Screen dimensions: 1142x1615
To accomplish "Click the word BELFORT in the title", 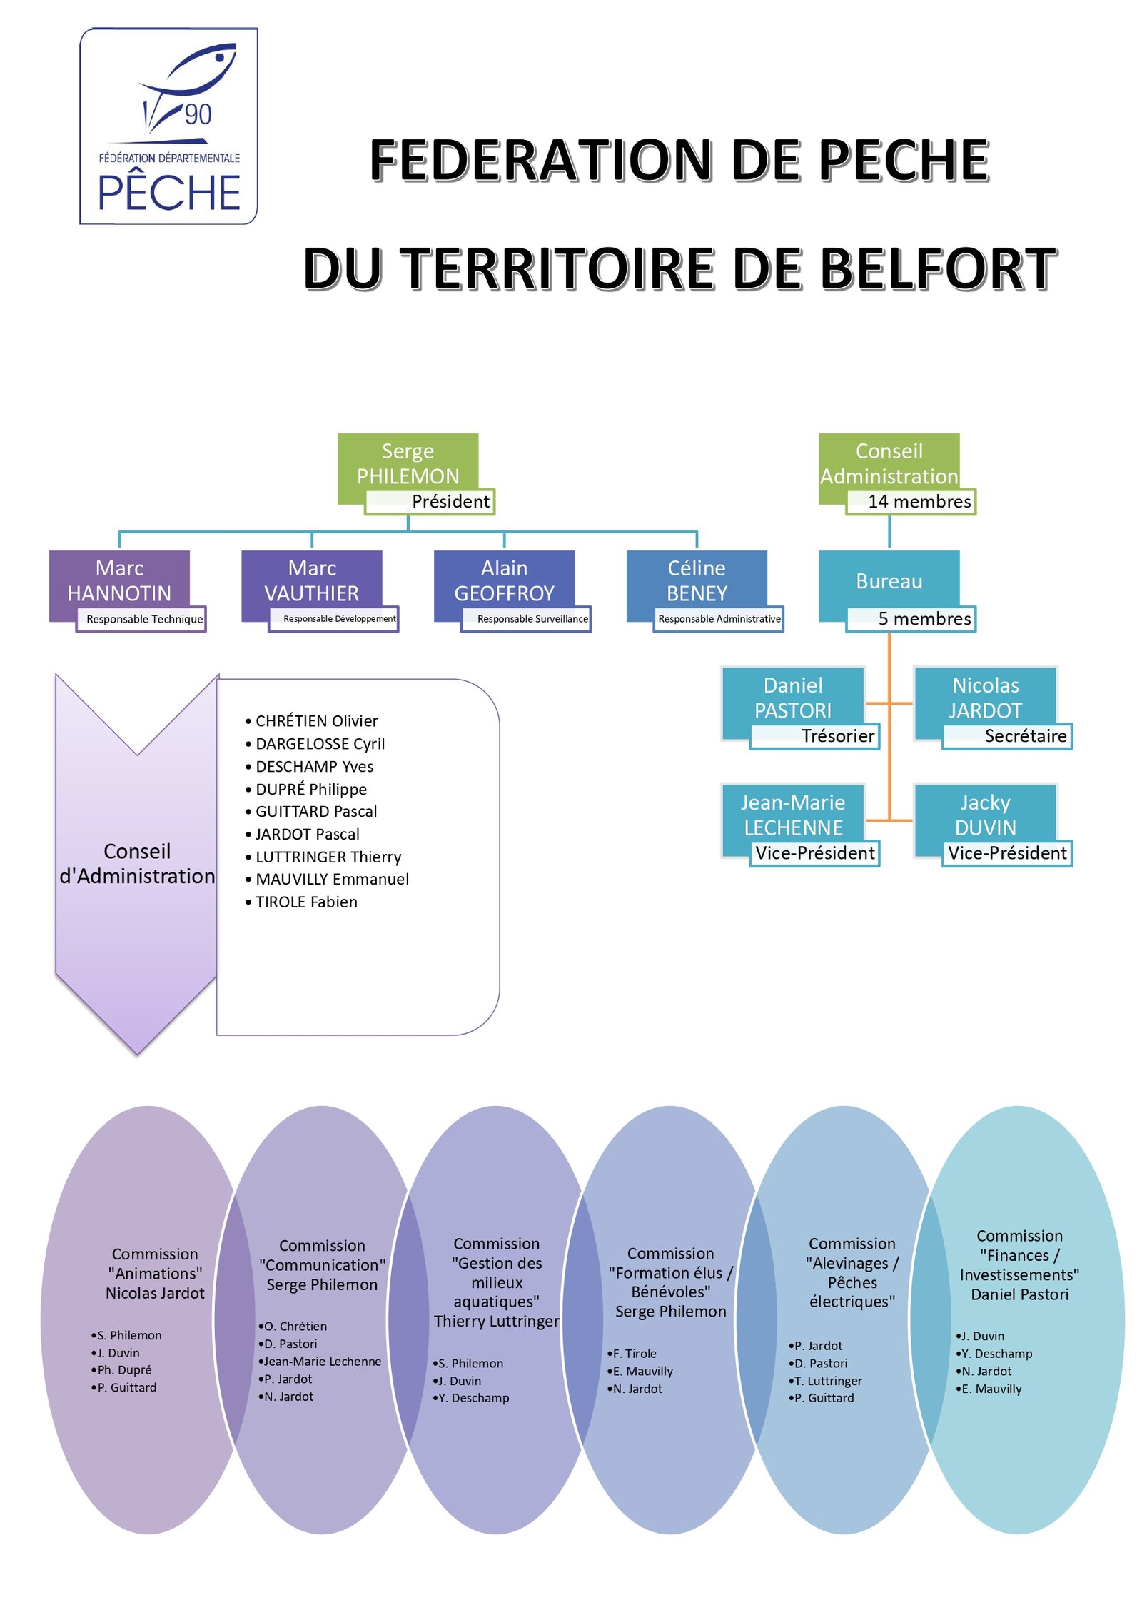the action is point(939,268).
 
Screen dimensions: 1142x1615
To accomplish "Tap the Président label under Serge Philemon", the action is point(430,502).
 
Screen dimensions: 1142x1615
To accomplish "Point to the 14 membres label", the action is point(911,502).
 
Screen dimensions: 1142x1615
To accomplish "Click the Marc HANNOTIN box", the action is point(119,585).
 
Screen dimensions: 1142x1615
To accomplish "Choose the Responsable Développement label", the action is point(333,619).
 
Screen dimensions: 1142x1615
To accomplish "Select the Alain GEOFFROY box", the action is point(504,585).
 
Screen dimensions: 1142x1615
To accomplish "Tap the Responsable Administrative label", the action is point(719,619).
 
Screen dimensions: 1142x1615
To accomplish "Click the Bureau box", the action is point(889,585).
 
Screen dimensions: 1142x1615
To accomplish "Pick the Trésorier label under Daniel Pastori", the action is point(814,736).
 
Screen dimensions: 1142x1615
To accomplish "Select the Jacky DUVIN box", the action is point(985,819).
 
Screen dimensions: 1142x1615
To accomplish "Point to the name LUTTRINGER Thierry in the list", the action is point(328,857).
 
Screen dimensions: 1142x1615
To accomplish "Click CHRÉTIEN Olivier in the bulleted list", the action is point(317,721).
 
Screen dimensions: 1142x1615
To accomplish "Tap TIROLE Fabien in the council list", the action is point(306,902).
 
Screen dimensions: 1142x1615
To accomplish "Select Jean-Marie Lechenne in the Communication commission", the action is point(323,1362).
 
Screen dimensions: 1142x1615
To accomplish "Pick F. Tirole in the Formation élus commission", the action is point(635,1354).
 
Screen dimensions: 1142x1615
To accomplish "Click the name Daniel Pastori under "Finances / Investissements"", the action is point(1019,1294).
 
